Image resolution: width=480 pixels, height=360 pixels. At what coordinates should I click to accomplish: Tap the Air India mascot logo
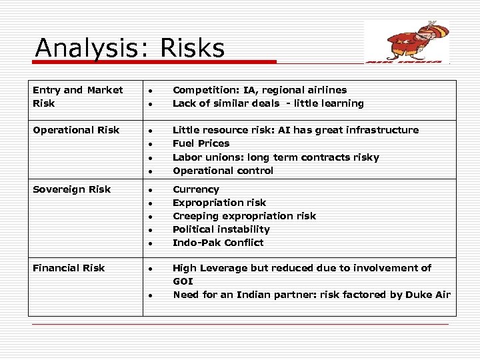point(407,41)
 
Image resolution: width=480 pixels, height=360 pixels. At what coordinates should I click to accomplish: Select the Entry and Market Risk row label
point(77,97)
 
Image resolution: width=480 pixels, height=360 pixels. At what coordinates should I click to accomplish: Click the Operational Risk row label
point(76,130)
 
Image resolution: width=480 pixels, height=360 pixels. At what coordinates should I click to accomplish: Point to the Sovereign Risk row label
point(71,189)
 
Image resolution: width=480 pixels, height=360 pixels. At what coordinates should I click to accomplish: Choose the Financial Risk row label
point(69,268)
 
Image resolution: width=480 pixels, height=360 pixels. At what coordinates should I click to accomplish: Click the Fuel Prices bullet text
point(201,143)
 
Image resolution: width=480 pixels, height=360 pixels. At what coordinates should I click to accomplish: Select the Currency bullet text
point(195,189)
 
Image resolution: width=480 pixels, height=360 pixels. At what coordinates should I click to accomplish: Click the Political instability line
point(221,229)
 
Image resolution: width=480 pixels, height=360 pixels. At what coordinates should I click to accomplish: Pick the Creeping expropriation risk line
point(244,216)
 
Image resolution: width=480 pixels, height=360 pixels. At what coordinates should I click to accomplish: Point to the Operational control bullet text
point(223,171)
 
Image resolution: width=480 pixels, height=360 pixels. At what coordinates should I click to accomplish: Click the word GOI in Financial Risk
point(183,281)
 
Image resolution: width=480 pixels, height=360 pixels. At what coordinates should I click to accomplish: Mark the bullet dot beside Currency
point(152,191)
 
